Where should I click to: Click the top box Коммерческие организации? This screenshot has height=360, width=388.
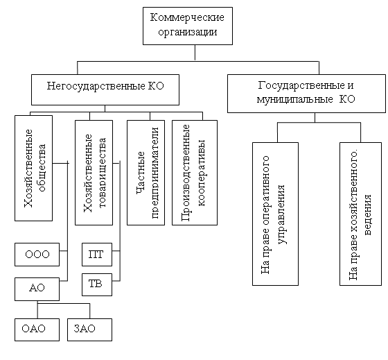[x=188, y=26]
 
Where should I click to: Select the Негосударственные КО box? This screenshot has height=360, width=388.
[x=105, y=89]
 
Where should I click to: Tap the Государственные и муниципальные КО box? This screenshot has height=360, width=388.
[x=306, y=94]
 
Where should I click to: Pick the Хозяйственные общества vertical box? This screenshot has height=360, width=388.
[x=34, y=168]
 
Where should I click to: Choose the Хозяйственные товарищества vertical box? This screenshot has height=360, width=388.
[x=94, y=173]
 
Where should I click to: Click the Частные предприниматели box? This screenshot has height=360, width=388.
[x=145, y=173]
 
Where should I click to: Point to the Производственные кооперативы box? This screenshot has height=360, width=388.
[x=195, y=173]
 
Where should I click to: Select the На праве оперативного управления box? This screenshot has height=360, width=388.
[x=275, y=214]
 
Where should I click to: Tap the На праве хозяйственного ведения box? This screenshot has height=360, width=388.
[x=360, y=214]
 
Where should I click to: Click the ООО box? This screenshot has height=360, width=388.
[x=37, y=255]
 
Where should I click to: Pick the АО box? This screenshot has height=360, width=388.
[x=37, y=289]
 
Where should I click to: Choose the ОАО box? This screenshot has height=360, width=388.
[x=37, y=329]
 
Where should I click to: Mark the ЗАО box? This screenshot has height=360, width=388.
[x=89, y=329]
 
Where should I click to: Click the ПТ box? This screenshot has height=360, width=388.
[x=97, y=255]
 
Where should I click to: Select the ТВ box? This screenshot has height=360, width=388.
[x=97, y=284]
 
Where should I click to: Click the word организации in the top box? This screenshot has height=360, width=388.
[x=188, y=32]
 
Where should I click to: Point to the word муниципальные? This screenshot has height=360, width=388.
[x=294, y=100]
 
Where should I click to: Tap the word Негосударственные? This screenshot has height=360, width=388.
[x=96, y=86]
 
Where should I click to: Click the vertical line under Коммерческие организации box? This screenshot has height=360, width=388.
[x=195, y=53]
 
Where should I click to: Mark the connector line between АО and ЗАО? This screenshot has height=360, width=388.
[x=64, y=304]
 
